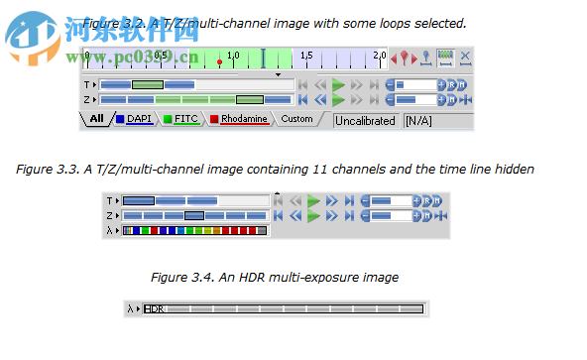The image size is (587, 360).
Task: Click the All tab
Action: click(x=96, y=120)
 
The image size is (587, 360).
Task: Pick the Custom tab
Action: click(x=296, y=120)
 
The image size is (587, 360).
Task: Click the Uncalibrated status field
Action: click(x=365, y=121)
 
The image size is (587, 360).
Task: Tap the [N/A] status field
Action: click(x=417, y=121)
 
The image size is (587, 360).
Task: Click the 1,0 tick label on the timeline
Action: click(x=233, y=56)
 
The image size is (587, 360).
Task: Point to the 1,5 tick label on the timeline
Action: click(x=306, y=56)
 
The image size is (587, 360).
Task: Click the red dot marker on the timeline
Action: click(x=220, y=62)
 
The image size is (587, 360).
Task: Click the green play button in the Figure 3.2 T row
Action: click(x=339, y=85)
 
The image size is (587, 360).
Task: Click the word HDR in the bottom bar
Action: click(x=154, y=309)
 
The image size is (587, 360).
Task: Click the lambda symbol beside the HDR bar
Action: click(x=130, y=309)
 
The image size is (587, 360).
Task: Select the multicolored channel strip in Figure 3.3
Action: click(x=194, y=231)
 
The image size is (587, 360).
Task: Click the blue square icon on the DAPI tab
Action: click(x=120, y=120)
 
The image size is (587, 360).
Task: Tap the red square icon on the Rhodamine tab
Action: click(x=213, y=120)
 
